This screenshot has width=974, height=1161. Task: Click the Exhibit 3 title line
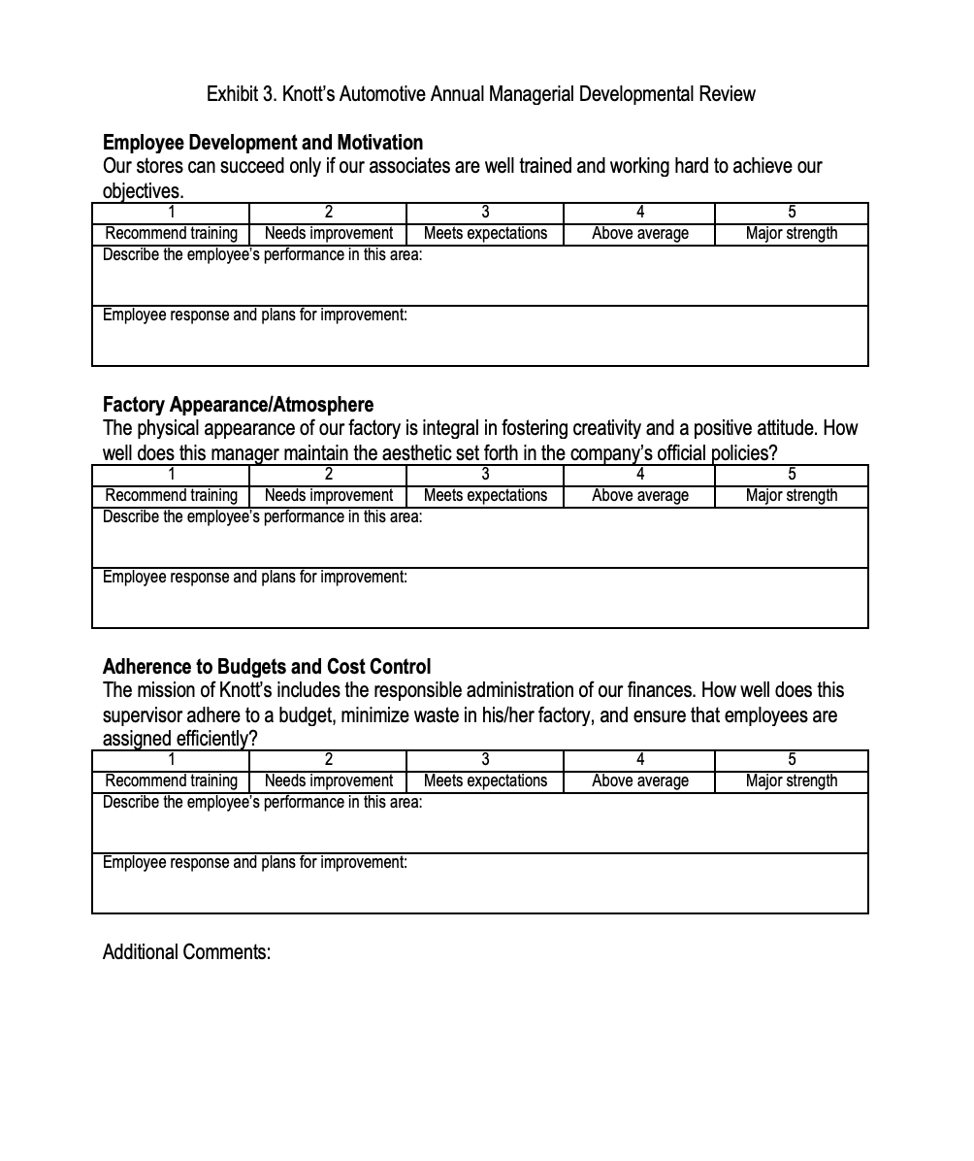point(480,94)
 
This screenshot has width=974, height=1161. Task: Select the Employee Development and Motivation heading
point(262,143)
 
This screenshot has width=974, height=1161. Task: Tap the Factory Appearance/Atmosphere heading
point(238,405)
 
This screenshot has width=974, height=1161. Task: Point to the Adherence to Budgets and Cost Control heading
point(267,667)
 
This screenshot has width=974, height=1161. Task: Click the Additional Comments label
point(186,952)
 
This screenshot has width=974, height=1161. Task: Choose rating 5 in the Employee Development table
point(792,213)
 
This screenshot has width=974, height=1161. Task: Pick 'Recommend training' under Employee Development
point(171,234)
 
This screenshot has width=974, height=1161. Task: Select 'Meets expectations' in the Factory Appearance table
point(485,496)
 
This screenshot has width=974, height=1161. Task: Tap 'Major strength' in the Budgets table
point(792,781)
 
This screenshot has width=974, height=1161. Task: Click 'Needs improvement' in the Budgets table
point(328,781)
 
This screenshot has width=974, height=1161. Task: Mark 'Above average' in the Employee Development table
point(639,234)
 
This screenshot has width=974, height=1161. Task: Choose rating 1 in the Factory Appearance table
point(171,475)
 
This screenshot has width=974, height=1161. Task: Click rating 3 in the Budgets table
point(485,760)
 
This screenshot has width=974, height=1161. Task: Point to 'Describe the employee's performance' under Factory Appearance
point(262,517)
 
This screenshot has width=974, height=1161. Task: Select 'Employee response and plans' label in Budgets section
point(254,863)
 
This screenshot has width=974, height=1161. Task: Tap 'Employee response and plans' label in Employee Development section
point(254,315)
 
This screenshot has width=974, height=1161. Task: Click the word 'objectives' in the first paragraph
point(142,191)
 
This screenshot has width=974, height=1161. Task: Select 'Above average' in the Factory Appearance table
point(639,496)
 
